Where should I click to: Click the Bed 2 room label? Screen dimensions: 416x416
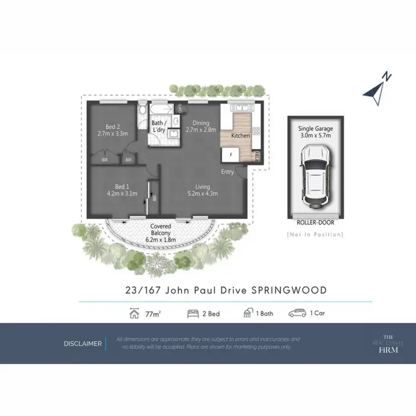113,126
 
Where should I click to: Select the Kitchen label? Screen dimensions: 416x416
240,135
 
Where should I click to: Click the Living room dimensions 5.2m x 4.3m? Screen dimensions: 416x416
202,194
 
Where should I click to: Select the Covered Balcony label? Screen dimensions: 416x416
160,227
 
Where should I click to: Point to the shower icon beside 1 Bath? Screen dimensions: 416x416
247,313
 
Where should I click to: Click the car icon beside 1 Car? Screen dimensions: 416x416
297,313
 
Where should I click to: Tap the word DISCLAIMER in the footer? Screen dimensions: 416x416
83,343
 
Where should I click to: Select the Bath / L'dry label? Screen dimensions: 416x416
159,126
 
